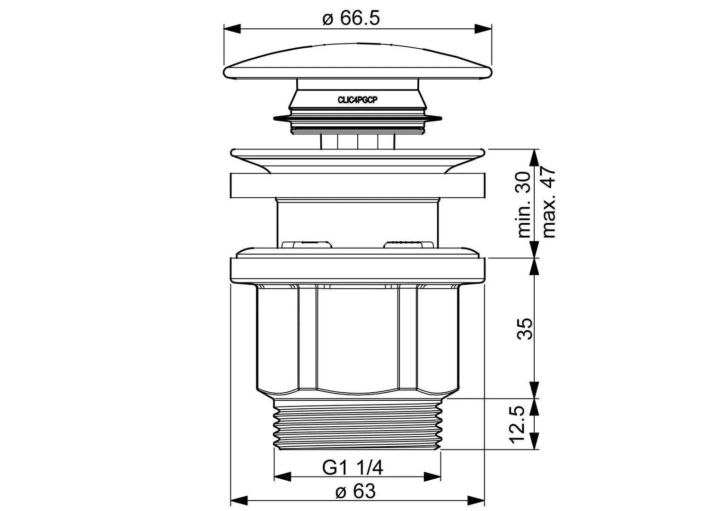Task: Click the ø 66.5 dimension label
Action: (351, 18)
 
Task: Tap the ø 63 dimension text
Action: (355, 491)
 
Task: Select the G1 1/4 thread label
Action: (353, 467)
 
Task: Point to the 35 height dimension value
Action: (524, 329)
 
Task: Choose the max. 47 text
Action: (549, 203)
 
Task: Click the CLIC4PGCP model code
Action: (358, 100)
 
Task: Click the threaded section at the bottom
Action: (357, 424)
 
